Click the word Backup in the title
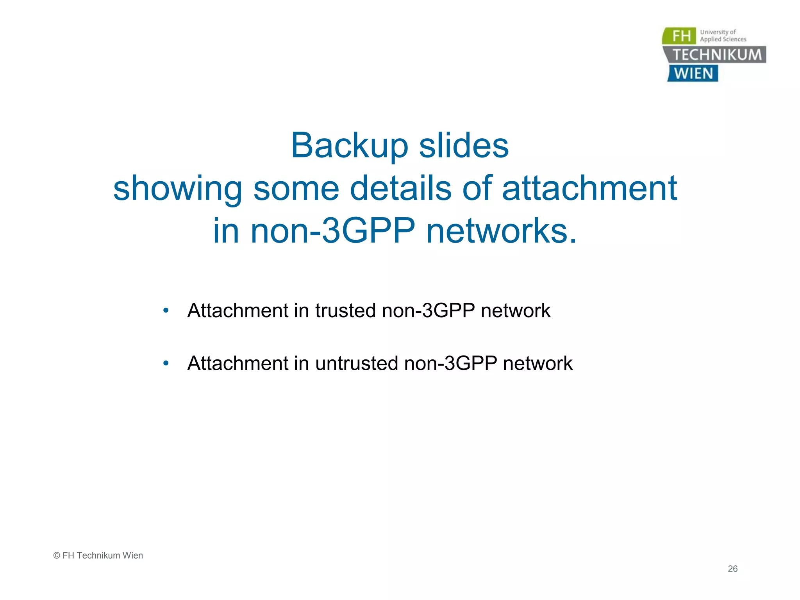349,146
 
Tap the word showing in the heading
178,189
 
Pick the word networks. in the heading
502,231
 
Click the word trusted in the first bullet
345,311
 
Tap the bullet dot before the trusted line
166,311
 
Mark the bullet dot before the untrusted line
166,364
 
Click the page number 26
732,569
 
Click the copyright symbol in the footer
57,555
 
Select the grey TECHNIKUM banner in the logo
716,55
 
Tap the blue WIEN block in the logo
693,73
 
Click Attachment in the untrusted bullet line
237,364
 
